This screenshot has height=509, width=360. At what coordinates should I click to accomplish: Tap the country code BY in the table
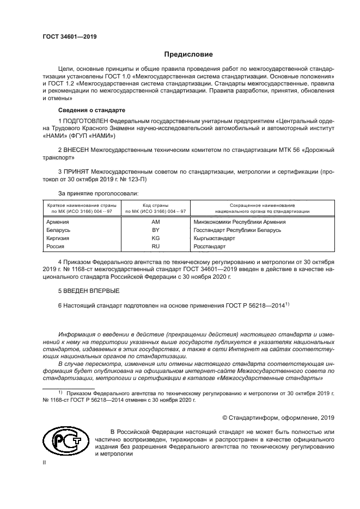point(155,230)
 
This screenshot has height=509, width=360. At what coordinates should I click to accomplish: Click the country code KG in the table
point(155,238)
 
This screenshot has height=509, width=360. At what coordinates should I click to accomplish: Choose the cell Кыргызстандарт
point(214,238)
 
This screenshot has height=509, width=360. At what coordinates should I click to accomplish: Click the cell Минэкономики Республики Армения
point(240,222)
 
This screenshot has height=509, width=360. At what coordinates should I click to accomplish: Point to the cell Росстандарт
point(210,247)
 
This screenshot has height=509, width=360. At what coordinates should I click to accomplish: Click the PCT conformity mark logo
point(64,443)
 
